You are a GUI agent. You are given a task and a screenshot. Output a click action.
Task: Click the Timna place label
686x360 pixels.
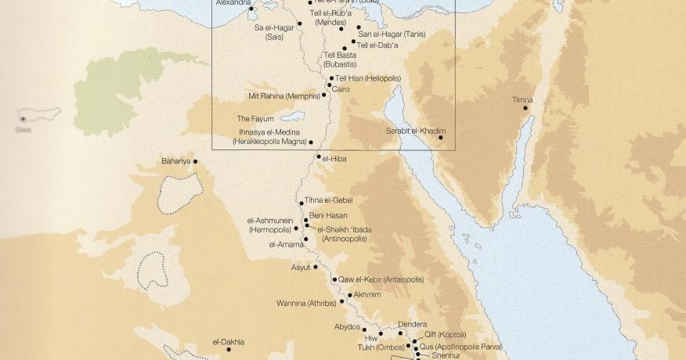(x=522, y=99)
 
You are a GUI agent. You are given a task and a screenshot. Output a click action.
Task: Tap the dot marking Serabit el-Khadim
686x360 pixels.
(x=441, y=138)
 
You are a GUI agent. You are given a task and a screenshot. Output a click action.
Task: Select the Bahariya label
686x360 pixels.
(x=175, y=161)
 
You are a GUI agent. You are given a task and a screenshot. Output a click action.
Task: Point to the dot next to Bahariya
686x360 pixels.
(x=195, y=162)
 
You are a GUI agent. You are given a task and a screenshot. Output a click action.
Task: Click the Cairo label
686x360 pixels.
(x=341, y=89)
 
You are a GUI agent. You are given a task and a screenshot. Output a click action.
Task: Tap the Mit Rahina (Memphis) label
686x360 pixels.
(x=283, y=96)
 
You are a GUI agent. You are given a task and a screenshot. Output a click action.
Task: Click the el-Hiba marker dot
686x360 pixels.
(x=319, y=157)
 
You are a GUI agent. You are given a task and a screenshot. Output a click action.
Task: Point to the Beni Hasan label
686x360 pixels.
(x=327, y=215)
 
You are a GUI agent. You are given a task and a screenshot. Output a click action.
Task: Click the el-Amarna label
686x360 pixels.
(x=285, y=244)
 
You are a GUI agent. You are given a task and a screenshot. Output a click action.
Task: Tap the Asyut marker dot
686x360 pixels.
(x=316, y=267)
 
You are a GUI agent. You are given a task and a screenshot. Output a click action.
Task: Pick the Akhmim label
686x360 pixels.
(x=367, y=295)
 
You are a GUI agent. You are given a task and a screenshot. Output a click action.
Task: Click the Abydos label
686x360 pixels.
(x=347, y=326)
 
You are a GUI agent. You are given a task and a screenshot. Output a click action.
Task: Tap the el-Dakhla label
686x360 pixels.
(x=229, y=342)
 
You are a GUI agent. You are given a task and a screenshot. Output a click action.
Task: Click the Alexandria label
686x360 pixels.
(x=234, y=3)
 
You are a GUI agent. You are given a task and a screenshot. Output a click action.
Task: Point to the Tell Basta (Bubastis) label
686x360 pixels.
(x=340, y=59)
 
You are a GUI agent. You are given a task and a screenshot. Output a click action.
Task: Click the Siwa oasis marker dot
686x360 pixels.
(x=23, y=119)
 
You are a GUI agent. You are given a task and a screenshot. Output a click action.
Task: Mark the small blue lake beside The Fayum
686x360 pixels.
(x=291, y=116)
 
